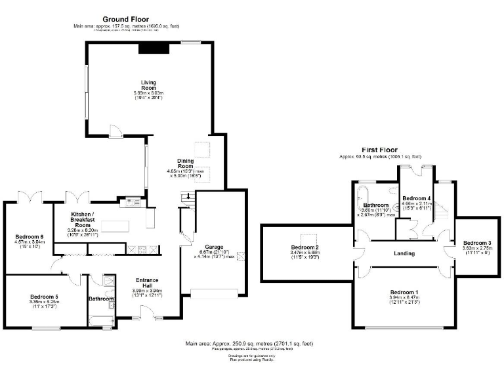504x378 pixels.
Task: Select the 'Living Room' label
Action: tap(148, 85)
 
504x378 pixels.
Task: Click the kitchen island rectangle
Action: tap(115, 226)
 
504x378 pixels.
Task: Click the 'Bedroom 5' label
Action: tap(44, 297)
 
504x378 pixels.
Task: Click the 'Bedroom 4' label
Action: tap(416, 198)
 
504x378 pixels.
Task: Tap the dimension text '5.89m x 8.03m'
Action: tap(148, 93)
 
